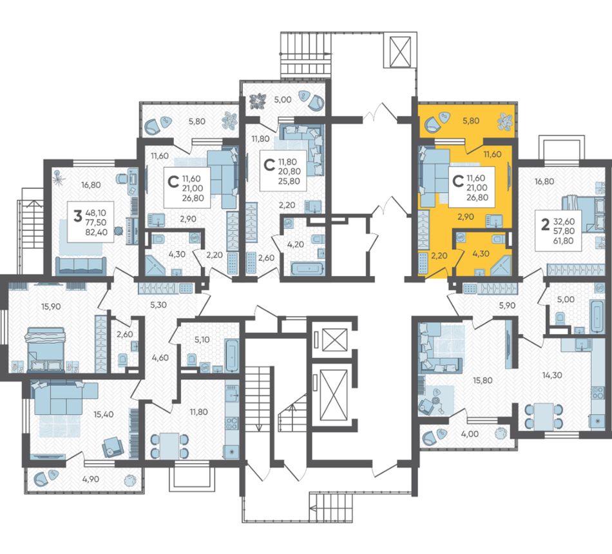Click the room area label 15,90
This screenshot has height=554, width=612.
pos(51,307)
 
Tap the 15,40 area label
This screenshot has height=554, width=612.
pos(104,414)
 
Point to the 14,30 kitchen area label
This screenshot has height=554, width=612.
pos(552,375)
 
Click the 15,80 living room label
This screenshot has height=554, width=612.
pos(483,380)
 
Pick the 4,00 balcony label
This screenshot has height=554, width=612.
pos(470,433)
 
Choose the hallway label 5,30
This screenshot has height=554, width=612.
pos(158,305)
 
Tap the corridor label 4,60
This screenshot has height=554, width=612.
pos(160,357)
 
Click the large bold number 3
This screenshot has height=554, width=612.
pos(78,215)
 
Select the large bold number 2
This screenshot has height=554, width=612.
pos(545,224)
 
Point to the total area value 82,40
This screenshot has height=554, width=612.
pos(95,232)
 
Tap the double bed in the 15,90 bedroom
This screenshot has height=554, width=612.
pos(44,349)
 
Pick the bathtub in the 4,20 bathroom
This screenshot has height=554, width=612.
pos(307,270)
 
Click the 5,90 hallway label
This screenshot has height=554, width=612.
pos(497,306)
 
